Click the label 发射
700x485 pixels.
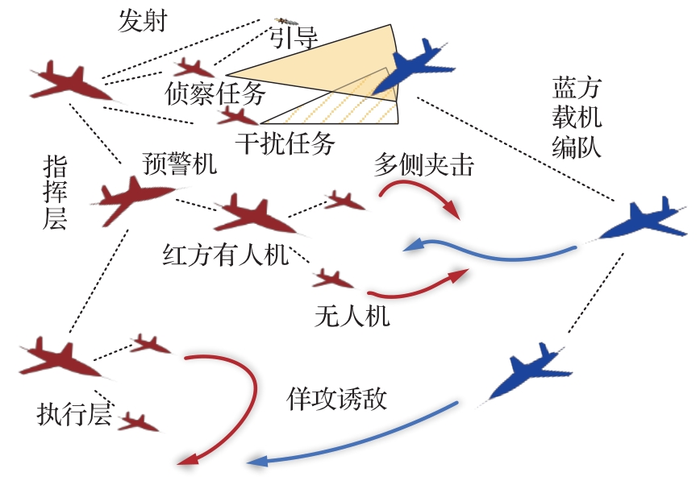click(x=142, y=21)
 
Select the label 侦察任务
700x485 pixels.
click(x=215, y=93)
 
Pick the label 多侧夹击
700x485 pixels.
click(x=423, y=165)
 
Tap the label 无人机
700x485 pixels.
click(x=352, y=316)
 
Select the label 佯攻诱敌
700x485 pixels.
click(x=337, y=398)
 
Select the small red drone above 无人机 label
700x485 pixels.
click(x=332, y=279)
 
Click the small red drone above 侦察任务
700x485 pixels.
click(x=194, y=67)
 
